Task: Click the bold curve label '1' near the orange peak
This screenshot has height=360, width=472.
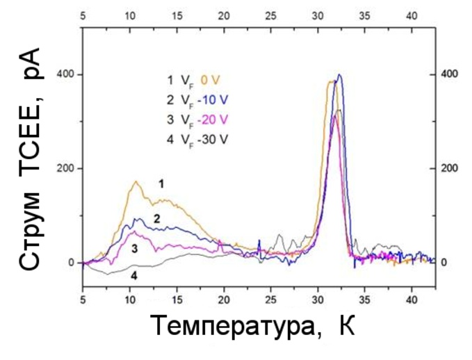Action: click(x=161, y=184)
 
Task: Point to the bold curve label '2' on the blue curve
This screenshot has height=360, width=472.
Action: click(x=157, y=219)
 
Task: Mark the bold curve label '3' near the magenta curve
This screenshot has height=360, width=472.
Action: click(x=134, y=247)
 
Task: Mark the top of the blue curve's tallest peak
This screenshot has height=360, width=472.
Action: click(x=339, y=74)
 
